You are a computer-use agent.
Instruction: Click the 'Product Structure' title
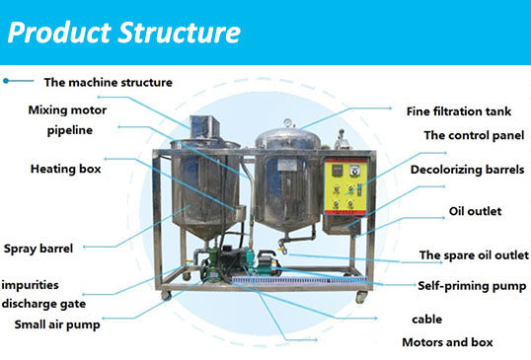point(124,32)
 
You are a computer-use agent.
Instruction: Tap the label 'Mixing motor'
point(68,109)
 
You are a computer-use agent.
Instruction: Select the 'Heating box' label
point(66,169)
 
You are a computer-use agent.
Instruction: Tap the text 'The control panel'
point(473,136)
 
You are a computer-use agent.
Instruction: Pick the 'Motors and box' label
point(447,342)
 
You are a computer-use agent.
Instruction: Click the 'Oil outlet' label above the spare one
point(475,211)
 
